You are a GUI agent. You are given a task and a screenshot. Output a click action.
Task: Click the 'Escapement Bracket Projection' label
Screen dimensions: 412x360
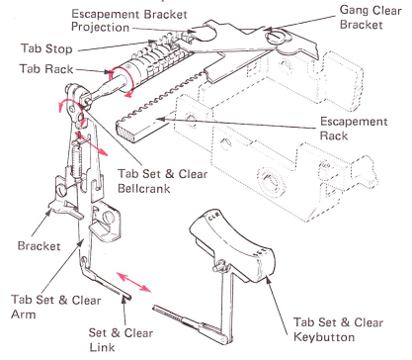point(129,21)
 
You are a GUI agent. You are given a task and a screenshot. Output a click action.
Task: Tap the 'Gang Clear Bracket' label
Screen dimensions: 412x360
point(371,17)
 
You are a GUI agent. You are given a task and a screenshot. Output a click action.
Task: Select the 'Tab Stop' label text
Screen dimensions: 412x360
point(46,48)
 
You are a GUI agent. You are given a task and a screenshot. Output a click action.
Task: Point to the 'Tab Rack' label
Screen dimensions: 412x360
point(46,69)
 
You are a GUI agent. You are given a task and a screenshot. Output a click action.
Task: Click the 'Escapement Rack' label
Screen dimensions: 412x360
point(354,129)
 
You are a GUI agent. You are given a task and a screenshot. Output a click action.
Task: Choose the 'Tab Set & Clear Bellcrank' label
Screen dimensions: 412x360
point(163,181)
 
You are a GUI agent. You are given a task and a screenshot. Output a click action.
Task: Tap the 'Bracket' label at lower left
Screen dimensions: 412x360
point(39,246)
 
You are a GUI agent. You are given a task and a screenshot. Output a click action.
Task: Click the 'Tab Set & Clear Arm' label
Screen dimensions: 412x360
point(55,307)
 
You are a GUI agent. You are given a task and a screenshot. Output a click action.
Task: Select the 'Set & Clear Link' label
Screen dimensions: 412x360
point(121,339)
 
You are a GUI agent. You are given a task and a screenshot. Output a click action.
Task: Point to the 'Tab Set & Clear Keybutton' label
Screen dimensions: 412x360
point(338,329)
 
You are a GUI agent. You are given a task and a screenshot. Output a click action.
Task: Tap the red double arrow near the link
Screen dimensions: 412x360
point(134,282)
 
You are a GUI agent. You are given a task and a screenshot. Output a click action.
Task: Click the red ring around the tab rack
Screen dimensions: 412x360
point(122,80)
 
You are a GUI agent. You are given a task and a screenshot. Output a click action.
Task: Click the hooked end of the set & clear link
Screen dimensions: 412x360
point(127,298)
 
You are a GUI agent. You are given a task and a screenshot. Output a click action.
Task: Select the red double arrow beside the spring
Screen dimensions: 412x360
point(91,143)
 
